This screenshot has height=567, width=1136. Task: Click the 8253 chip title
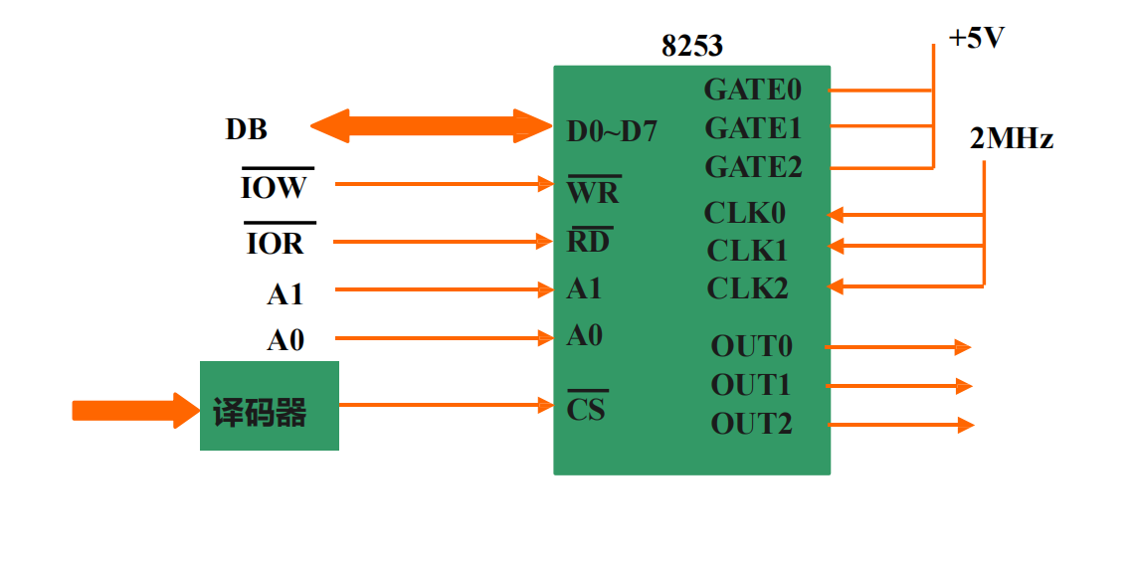click(x=692, y=46)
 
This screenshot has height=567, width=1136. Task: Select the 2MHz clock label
click(x=1011, y=139)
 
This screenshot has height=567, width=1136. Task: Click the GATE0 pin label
click(x=753, y=90)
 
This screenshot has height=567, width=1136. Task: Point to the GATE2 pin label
click(x=753, y=167)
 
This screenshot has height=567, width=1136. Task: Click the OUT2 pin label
click(x=752, y=424)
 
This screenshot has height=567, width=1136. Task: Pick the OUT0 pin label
click(x=752, y=346)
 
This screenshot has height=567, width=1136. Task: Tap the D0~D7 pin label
click(x=612, y=130)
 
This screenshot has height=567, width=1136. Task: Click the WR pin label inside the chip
click(x=593, y=191)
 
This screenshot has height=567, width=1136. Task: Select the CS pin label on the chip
click(x=586, y=408)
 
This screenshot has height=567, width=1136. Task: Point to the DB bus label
click(x=247, y=129)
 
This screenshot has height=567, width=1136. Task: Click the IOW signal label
click(x=275, y=187)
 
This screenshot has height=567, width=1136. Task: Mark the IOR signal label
click(x=276, y=243)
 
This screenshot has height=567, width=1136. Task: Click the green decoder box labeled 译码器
click(x=269, y=406)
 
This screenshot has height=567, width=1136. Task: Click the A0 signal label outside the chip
click(x=285, y=340)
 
